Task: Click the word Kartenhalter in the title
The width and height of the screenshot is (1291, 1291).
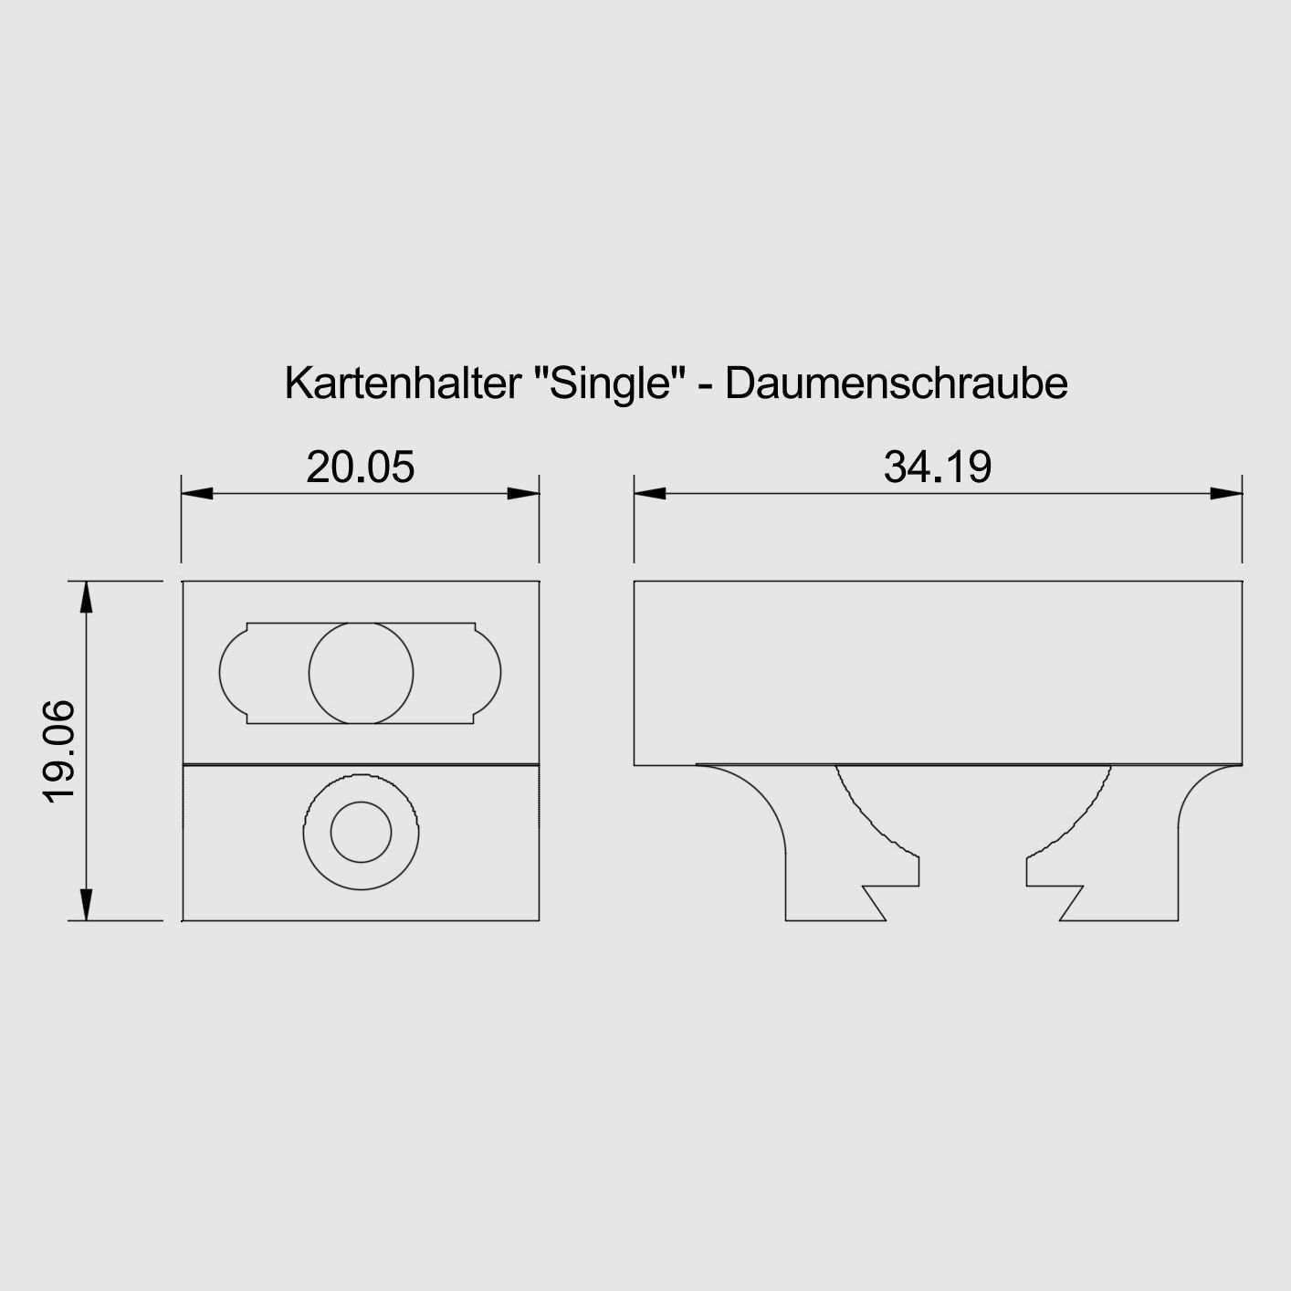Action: point(402,383)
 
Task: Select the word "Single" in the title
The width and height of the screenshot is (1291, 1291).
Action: point(609,383)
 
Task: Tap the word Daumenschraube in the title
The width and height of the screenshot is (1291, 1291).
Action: point(897,383)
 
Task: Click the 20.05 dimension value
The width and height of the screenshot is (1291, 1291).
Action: point(360,467)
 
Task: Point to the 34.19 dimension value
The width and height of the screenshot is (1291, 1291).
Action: point(938,467)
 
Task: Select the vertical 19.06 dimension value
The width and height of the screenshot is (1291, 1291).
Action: point(59,750)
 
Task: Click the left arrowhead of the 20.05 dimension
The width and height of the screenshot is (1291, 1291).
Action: point(196,493)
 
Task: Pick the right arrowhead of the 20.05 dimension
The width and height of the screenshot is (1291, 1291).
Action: point(524,493)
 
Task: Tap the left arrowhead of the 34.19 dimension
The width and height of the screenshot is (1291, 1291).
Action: point(650,493)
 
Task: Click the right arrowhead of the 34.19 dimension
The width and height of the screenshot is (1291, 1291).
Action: point(1227,493)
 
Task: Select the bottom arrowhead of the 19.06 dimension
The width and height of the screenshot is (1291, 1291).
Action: point(86,904)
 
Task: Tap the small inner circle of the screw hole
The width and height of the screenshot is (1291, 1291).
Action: point(361,833)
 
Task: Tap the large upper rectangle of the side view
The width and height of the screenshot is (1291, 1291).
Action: point(938,672)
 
